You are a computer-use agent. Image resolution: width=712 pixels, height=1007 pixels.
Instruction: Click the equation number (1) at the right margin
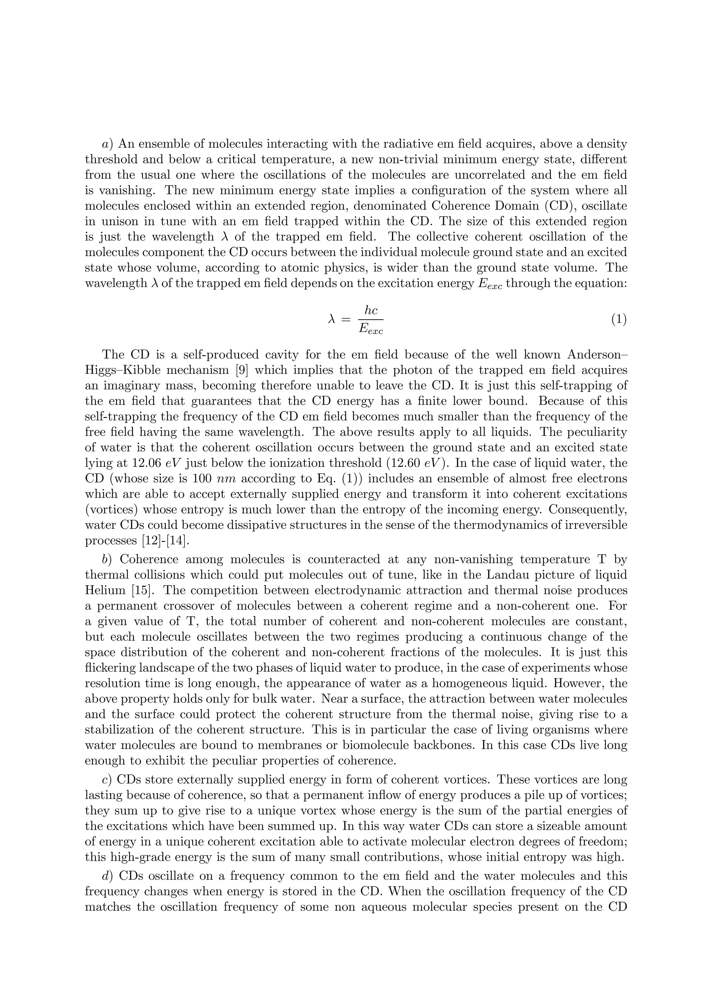618,320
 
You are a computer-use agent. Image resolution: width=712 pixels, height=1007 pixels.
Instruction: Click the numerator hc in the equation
371,311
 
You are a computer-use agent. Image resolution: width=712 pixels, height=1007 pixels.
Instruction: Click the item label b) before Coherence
107,560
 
